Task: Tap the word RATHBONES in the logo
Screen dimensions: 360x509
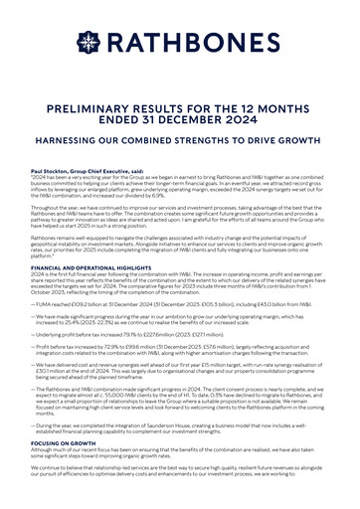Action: (x=194, y=42)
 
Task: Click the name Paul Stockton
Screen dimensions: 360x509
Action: (x=51, y=171)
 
